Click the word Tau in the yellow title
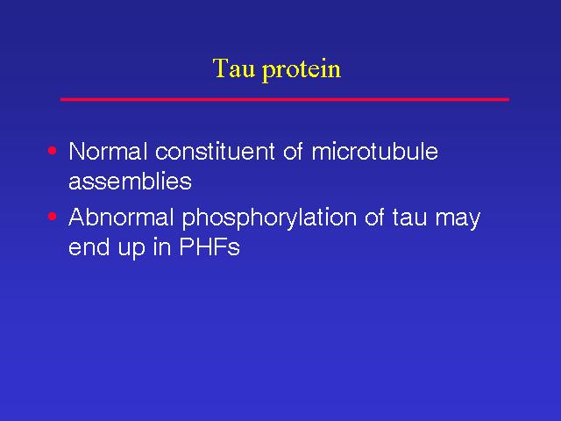click(234, 68)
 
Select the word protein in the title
click(302, 70)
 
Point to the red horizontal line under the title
click(285, 99)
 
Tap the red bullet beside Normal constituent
click(53, 150)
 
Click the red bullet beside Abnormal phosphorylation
click(53, 217)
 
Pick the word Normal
click(108, 151)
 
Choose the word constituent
click(215, 151)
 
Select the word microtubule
click(374, 151)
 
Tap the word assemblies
click(131, 181)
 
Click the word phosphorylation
click(269, 218)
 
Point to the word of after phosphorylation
click(374, 217)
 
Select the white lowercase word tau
click(409, 218)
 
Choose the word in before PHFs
click(161, 246)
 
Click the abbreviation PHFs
click(209, 246)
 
